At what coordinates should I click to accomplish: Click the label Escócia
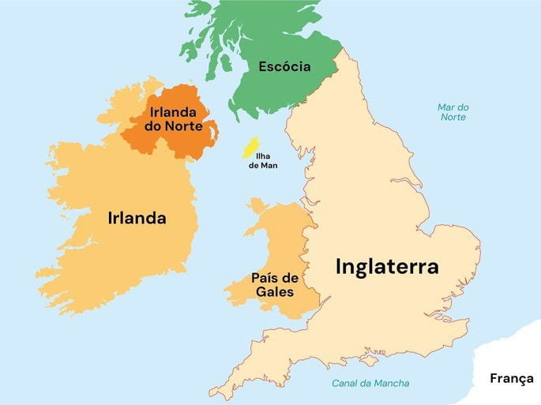point(284,67)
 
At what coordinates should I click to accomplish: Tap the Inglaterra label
point(387,266)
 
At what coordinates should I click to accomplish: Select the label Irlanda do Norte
point(173,119)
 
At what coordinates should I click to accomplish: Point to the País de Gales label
point(274,285)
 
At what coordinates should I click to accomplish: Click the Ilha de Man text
point(263,161)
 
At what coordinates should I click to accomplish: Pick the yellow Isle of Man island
point(251,147)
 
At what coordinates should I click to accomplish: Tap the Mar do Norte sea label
point(453,112)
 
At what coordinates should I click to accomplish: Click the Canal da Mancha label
point(370,384)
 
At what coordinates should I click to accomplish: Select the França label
point(512,378)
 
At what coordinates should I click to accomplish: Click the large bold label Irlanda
point(137,219)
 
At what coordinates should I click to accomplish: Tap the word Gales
point(274,292)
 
